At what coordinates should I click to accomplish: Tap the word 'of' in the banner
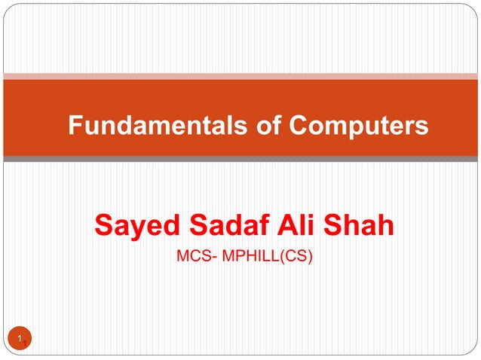tap(234, 126)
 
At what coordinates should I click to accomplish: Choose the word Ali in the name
tap(290, 225)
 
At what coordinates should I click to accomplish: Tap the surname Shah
tap(359, 225)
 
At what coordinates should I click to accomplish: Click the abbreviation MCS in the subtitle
tap(189, 258)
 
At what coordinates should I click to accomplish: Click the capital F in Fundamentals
tap(75, 126)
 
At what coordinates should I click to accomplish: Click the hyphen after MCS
tap(207, 258)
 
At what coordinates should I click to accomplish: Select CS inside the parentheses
tap(298, 258)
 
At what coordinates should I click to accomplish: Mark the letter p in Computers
tap(335, 128)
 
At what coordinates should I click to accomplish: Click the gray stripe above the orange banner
tap(240, 75)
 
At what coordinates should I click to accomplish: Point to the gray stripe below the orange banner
tap(240, 159)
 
